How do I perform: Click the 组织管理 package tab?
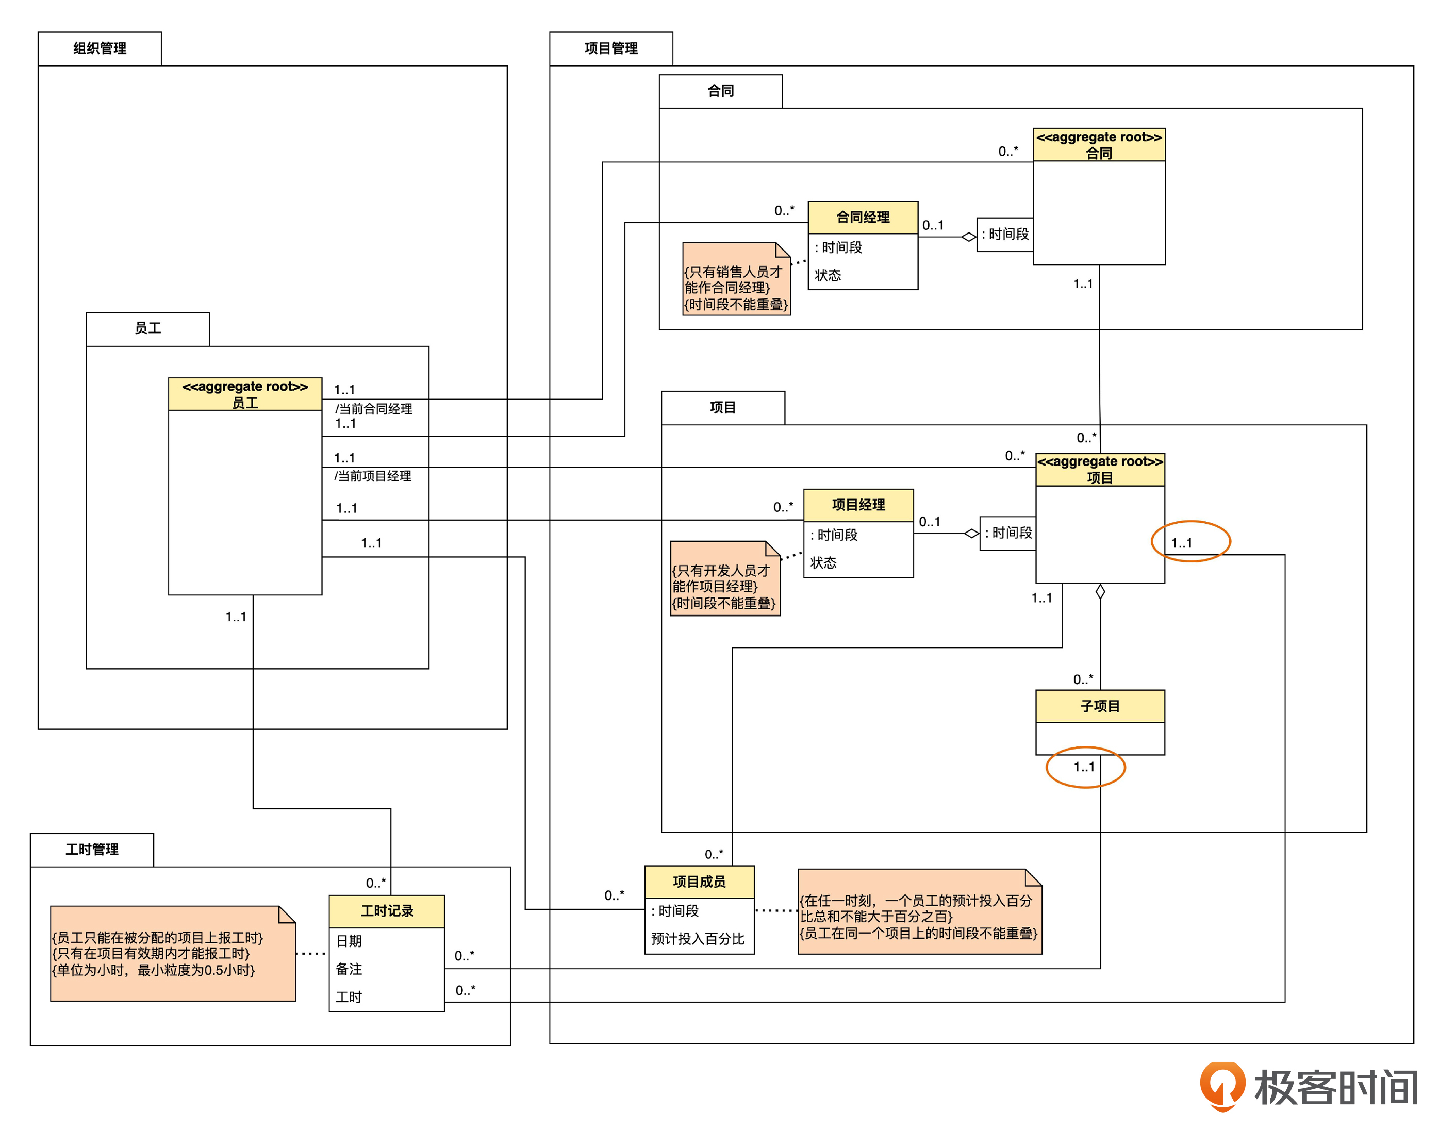100,48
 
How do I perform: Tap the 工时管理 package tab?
92,850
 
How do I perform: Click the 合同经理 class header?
863,218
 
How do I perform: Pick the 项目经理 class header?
858,505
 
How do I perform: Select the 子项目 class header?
1100,706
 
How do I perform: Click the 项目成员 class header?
699,882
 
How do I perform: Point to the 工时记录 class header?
387,911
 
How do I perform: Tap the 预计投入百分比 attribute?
698,939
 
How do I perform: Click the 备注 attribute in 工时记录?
349,969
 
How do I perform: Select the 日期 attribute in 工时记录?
349,941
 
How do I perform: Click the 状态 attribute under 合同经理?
828,275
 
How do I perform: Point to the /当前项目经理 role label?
373,476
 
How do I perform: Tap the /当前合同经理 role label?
373,409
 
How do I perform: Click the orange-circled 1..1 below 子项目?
1085,767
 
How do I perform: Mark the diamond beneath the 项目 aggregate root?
1100,591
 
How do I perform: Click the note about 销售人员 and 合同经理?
736,280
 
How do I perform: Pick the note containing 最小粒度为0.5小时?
173,953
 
